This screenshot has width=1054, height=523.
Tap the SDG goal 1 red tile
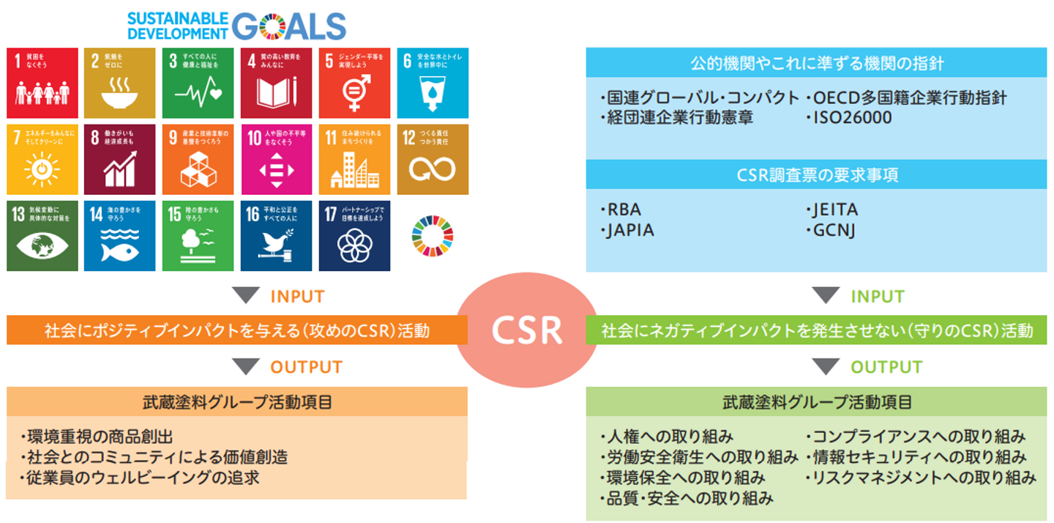coord(42,83)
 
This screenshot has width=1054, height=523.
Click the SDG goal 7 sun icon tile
coord(42,159)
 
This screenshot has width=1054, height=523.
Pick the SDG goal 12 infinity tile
coord(432,159)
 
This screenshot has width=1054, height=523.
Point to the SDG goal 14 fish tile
coord(120,235)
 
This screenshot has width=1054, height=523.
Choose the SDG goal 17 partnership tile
coord(354,235)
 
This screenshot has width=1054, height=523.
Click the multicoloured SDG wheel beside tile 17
coord(433,236)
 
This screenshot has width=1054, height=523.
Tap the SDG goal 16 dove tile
coord(276,235)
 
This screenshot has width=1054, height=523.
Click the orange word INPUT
coord(297,297)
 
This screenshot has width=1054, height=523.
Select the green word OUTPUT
coord(886,366)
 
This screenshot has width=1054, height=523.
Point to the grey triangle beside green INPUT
coord(826,296)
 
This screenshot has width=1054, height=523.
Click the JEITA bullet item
coord(834,210)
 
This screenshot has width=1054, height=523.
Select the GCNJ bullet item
coord(832,230)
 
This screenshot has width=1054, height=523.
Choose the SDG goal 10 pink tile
coord(276,159)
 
